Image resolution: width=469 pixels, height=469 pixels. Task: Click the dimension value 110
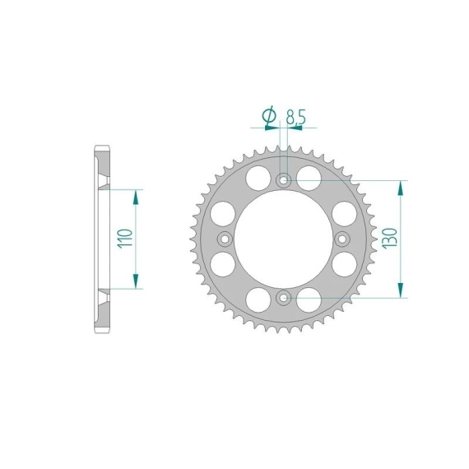(x=125, y=238)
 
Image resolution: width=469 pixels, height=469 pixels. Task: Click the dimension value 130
(x=389, y=238)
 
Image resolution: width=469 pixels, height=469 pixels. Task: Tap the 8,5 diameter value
(x=296, y=117)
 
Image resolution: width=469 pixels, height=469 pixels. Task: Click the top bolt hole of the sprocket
(x=283, y=180)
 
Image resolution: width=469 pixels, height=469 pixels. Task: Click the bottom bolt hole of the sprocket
(x=283, y=298)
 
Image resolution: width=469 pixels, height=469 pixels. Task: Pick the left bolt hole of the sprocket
(x=225, y=239)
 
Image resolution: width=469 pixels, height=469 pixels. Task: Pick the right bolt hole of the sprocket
(x=342, y=239)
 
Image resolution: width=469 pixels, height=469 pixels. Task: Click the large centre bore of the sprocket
(x=284, y=239)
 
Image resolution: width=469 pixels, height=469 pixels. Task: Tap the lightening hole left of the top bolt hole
(x=258, y=179)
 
